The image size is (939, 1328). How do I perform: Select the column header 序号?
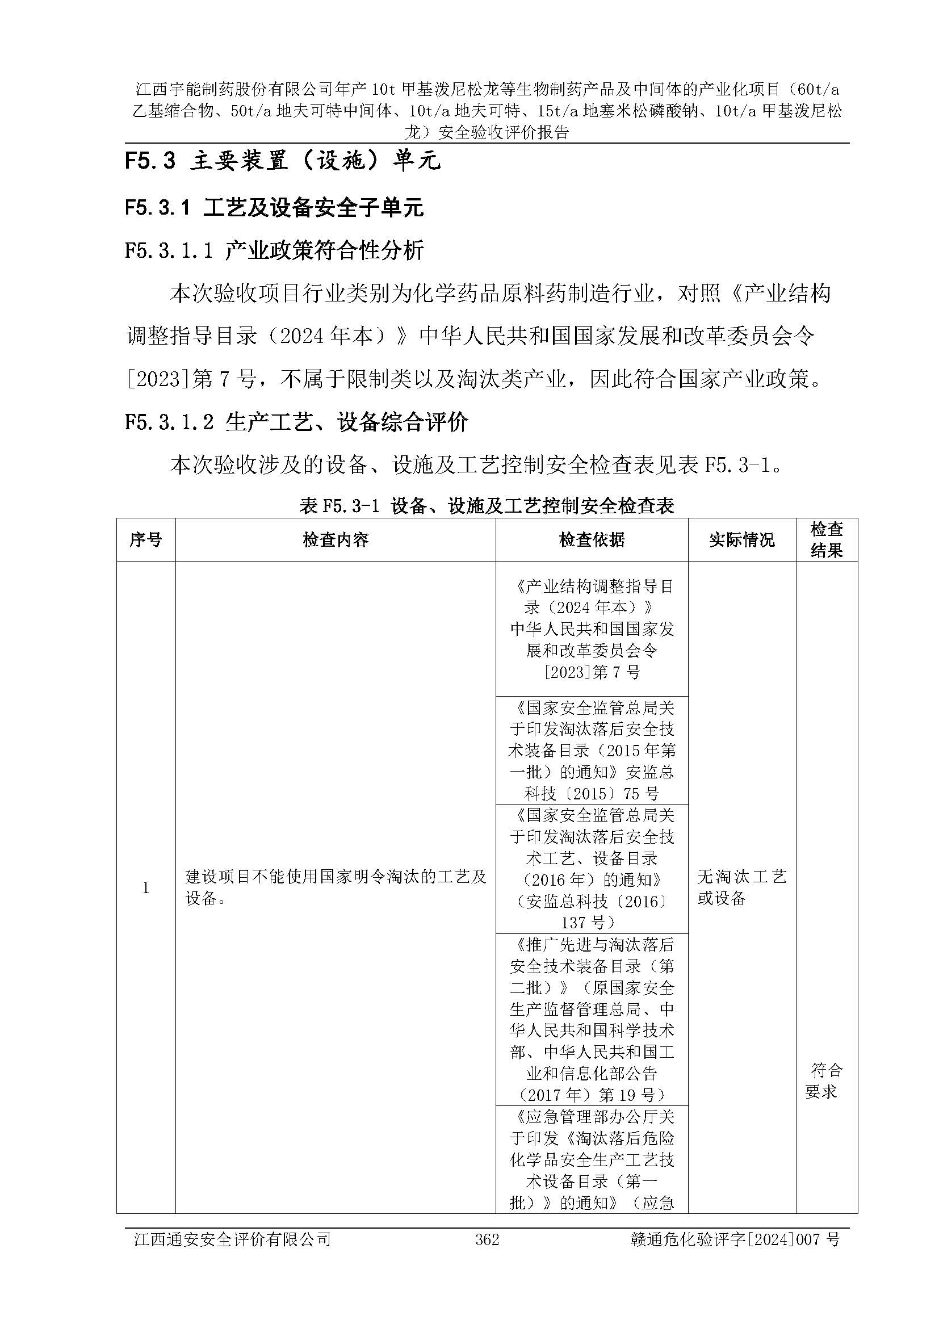tap(146, 539)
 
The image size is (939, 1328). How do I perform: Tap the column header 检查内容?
tap(336, 539)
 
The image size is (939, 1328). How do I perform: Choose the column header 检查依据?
tap(592, 539)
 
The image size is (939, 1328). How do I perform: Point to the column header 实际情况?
tap(742, 539)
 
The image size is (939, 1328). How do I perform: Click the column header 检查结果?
tap(826, 539)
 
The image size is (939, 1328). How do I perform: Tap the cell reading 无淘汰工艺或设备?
tap(742, 887)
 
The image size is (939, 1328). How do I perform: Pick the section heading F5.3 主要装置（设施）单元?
tap(283, 161)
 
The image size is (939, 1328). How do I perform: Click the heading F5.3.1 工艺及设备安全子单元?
tap(274, 208)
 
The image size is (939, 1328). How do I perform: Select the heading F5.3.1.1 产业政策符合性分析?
tap(274, 250)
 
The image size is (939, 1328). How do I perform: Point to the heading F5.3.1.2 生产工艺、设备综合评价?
tap(296, 422)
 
